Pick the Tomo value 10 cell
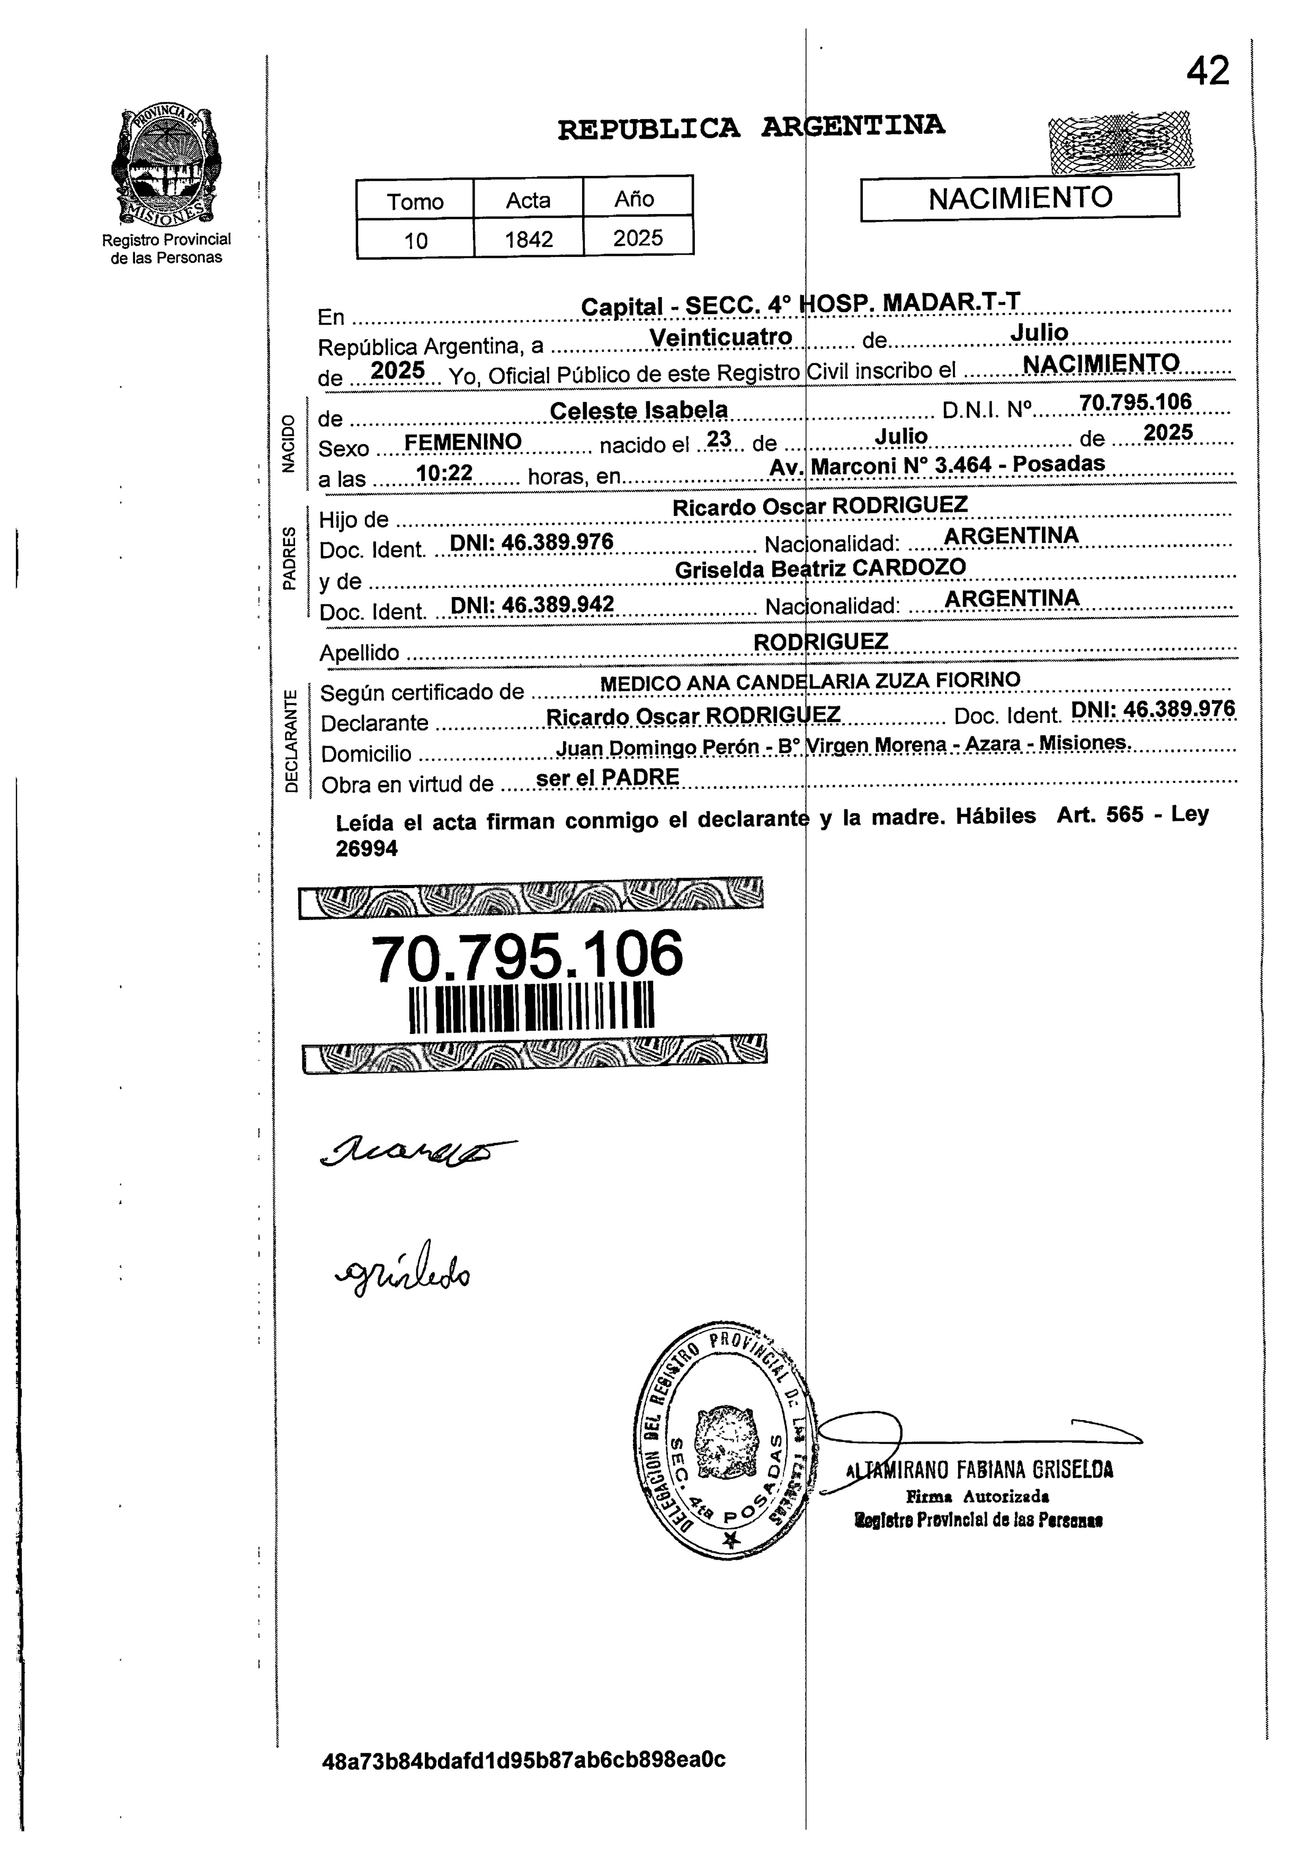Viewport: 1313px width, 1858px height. [415, 239]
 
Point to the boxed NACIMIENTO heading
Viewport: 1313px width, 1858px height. [1020, 198]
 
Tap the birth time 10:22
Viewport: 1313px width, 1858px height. [444, 472]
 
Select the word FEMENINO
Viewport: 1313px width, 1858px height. [463, 442]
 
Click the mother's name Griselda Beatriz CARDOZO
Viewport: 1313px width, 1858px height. [820, 568]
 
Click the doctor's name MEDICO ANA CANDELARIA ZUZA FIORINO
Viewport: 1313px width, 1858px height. [810, 682]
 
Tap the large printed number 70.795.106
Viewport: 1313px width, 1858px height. [526, 955]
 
